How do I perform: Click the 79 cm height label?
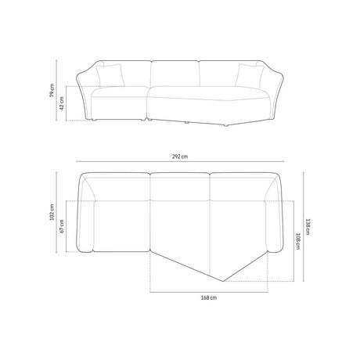52,90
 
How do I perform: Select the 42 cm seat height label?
62,103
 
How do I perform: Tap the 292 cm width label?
180,157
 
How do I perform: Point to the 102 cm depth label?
52,212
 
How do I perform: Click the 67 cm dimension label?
62,226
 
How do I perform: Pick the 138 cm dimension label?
308,227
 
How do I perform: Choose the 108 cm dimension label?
298,241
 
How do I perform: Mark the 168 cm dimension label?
209,297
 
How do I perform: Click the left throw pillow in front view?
110,75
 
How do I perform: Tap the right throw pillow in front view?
249,76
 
